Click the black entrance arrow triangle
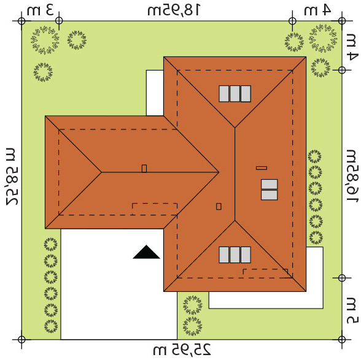(x=146, y=252)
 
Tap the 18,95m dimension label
(x=174, y=10)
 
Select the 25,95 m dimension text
(x=182, y=350)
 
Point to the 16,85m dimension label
(x=352, y=176)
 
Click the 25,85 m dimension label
(x=12, y=176)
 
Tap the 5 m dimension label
(x=352, y=310)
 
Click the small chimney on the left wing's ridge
(x=144, y=169)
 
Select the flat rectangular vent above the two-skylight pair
(x=262, y=168)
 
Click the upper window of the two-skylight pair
(x=269, y=184)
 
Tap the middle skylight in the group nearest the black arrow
(x=235, y=255)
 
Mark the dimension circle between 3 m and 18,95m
(x=59, y=21)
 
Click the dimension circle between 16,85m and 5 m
(x=342, y=278)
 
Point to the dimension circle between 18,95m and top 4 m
(x=292, y=21)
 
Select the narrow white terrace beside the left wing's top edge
(x=155, y=93)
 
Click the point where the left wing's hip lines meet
(x=101, y=172)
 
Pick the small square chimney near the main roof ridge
(x=219, y=206)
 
